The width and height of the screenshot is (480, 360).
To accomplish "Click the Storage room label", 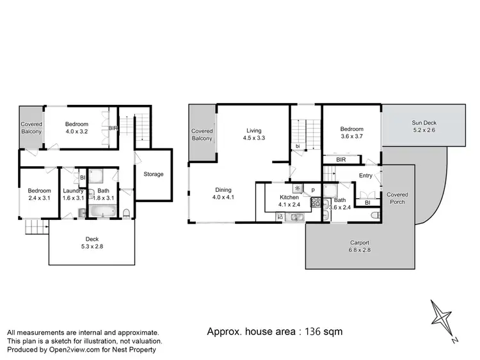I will (x=153, y=174).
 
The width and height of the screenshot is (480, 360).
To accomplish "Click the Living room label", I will (x=254, y=129).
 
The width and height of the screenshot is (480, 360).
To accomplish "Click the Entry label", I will (x=365, y=175).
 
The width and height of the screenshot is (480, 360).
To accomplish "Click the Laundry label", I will (x=70, y=191).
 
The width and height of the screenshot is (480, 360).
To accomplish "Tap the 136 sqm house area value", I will (x=324, y=331).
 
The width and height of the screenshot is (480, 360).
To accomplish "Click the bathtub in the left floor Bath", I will (x=101, y=212).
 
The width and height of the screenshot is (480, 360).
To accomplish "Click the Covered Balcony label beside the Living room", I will (x=202, y=135).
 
